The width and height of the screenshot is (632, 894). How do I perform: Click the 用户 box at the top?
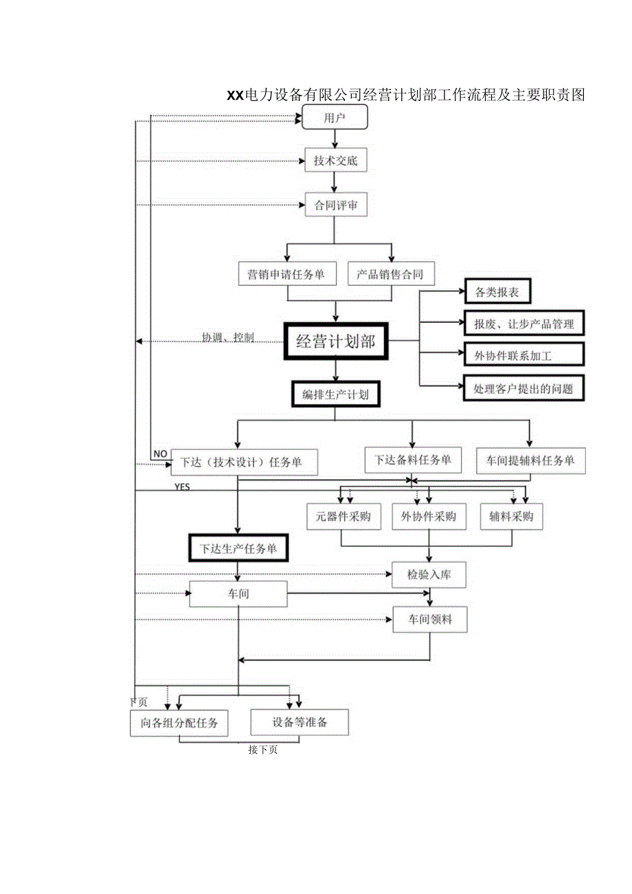(x=335, y=118)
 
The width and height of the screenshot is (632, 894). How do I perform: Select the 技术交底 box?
(x=335, y=161)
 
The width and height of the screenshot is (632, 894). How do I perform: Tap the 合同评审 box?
(x=335, y=205)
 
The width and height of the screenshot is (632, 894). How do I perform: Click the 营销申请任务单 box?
(x=286, y=274)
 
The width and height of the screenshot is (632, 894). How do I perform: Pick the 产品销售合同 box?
(x=390, y=274)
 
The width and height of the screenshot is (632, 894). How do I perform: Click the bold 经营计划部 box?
(x=335, y=341)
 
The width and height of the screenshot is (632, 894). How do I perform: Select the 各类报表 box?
(x=497, y=292)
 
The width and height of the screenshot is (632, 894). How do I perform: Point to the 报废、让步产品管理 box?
(x=523, y=323)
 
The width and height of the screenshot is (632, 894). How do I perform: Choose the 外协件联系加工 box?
(x=523, y=355)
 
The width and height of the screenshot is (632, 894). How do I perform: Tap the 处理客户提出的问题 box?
(x=523, y=388)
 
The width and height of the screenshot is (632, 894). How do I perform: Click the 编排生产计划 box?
(x=335, y=394)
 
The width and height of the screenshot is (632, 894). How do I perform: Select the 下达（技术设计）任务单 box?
(x=245, y=462)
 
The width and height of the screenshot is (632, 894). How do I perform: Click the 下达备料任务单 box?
(x=413, y=460)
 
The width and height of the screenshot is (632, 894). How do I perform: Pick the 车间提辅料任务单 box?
(x=530, y=460)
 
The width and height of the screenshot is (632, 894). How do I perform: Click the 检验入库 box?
(x=429, y=574)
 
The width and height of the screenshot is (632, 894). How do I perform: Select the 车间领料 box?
(x=429, y=619)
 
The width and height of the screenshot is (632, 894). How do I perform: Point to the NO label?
(x=160, y=454)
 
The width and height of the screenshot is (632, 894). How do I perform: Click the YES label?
(x=182, y=487)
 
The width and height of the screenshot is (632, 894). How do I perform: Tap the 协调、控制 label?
(x=227, y=337)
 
